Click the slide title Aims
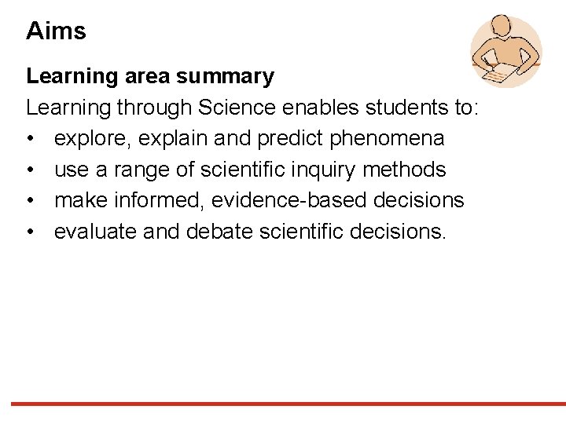click(x=56, y=31)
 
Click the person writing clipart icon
click(x=505, y=50)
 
